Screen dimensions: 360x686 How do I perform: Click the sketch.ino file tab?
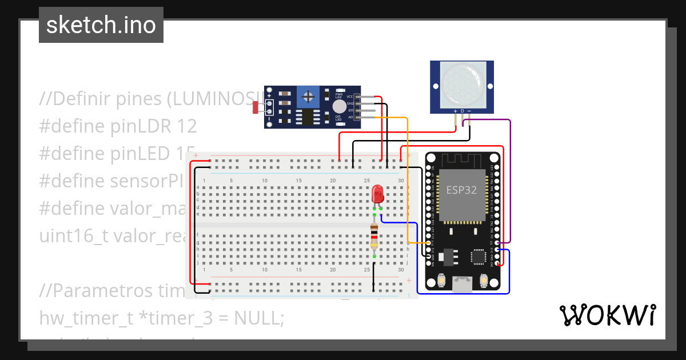[x=101, y=25]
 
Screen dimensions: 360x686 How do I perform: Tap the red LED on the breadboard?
[x=377, y=194]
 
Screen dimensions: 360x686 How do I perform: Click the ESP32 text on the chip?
[x=461, y=190]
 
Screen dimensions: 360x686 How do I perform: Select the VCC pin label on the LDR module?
[x=350, y=97]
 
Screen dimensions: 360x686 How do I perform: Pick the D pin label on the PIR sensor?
[x=462, y=111]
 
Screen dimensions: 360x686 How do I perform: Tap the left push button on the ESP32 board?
[x=441, y=281]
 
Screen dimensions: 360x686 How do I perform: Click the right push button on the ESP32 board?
[x=484, y=281]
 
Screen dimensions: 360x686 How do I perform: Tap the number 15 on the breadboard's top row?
[x=298, y=181]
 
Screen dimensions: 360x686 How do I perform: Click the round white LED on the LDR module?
[x=340, y=106]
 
